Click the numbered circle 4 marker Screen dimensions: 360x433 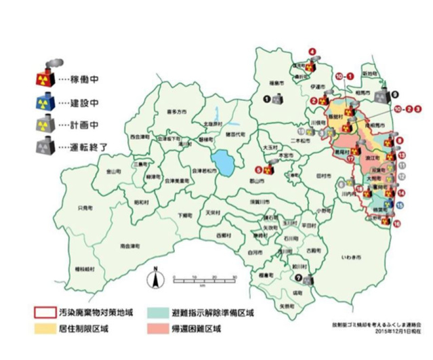[312, 52]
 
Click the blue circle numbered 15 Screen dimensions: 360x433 [399, 204]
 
